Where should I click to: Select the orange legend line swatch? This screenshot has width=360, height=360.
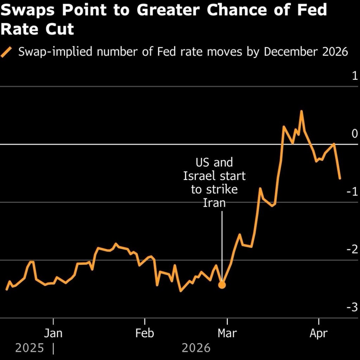coord(7,52)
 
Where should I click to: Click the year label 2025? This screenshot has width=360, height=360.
coord(30,348)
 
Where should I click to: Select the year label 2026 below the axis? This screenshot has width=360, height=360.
coord(196,348)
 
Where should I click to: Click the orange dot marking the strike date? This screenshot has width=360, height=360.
coord(222,285)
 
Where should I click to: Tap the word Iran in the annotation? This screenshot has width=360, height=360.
coord(214,203)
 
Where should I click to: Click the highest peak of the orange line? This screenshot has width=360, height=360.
coord(301,111)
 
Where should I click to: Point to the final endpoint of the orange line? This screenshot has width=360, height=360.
coord(340,178)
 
